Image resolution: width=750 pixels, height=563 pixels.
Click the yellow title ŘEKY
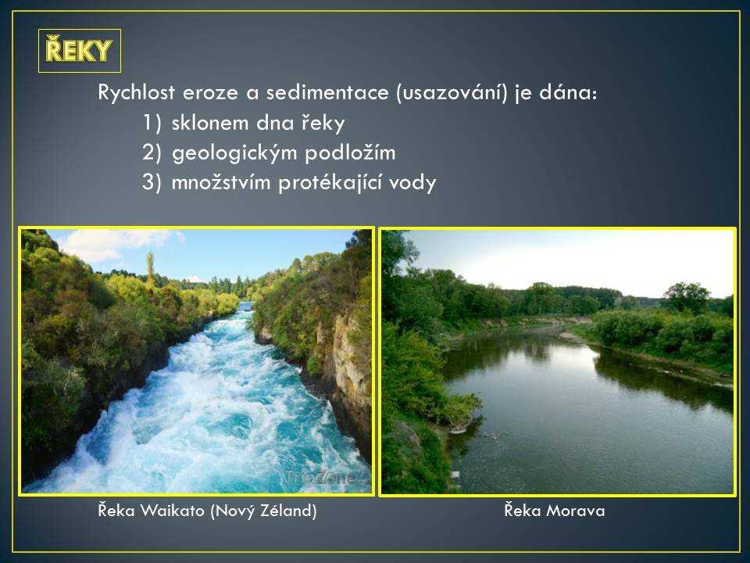point(79,50)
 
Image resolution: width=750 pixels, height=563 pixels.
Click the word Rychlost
point(136,92)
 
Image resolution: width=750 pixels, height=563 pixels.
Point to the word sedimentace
point(327,92)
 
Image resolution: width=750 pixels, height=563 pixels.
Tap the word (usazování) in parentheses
point(452,92)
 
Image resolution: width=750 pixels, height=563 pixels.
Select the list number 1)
point(152,123)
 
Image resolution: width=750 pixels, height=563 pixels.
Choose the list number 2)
point(152,152)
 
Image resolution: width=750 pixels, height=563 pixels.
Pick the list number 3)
point(152,182)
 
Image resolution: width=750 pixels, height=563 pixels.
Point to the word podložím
point(350,153)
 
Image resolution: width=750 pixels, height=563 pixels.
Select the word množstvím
point(221,182)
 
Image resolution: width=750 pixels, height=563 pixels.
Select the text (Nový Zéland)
point(263,511)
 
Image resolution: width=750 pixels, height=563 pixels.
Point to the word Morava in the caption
point(576,511)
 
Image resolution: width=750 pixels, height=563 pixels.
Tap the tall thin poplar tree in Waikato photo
point(150,270)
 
